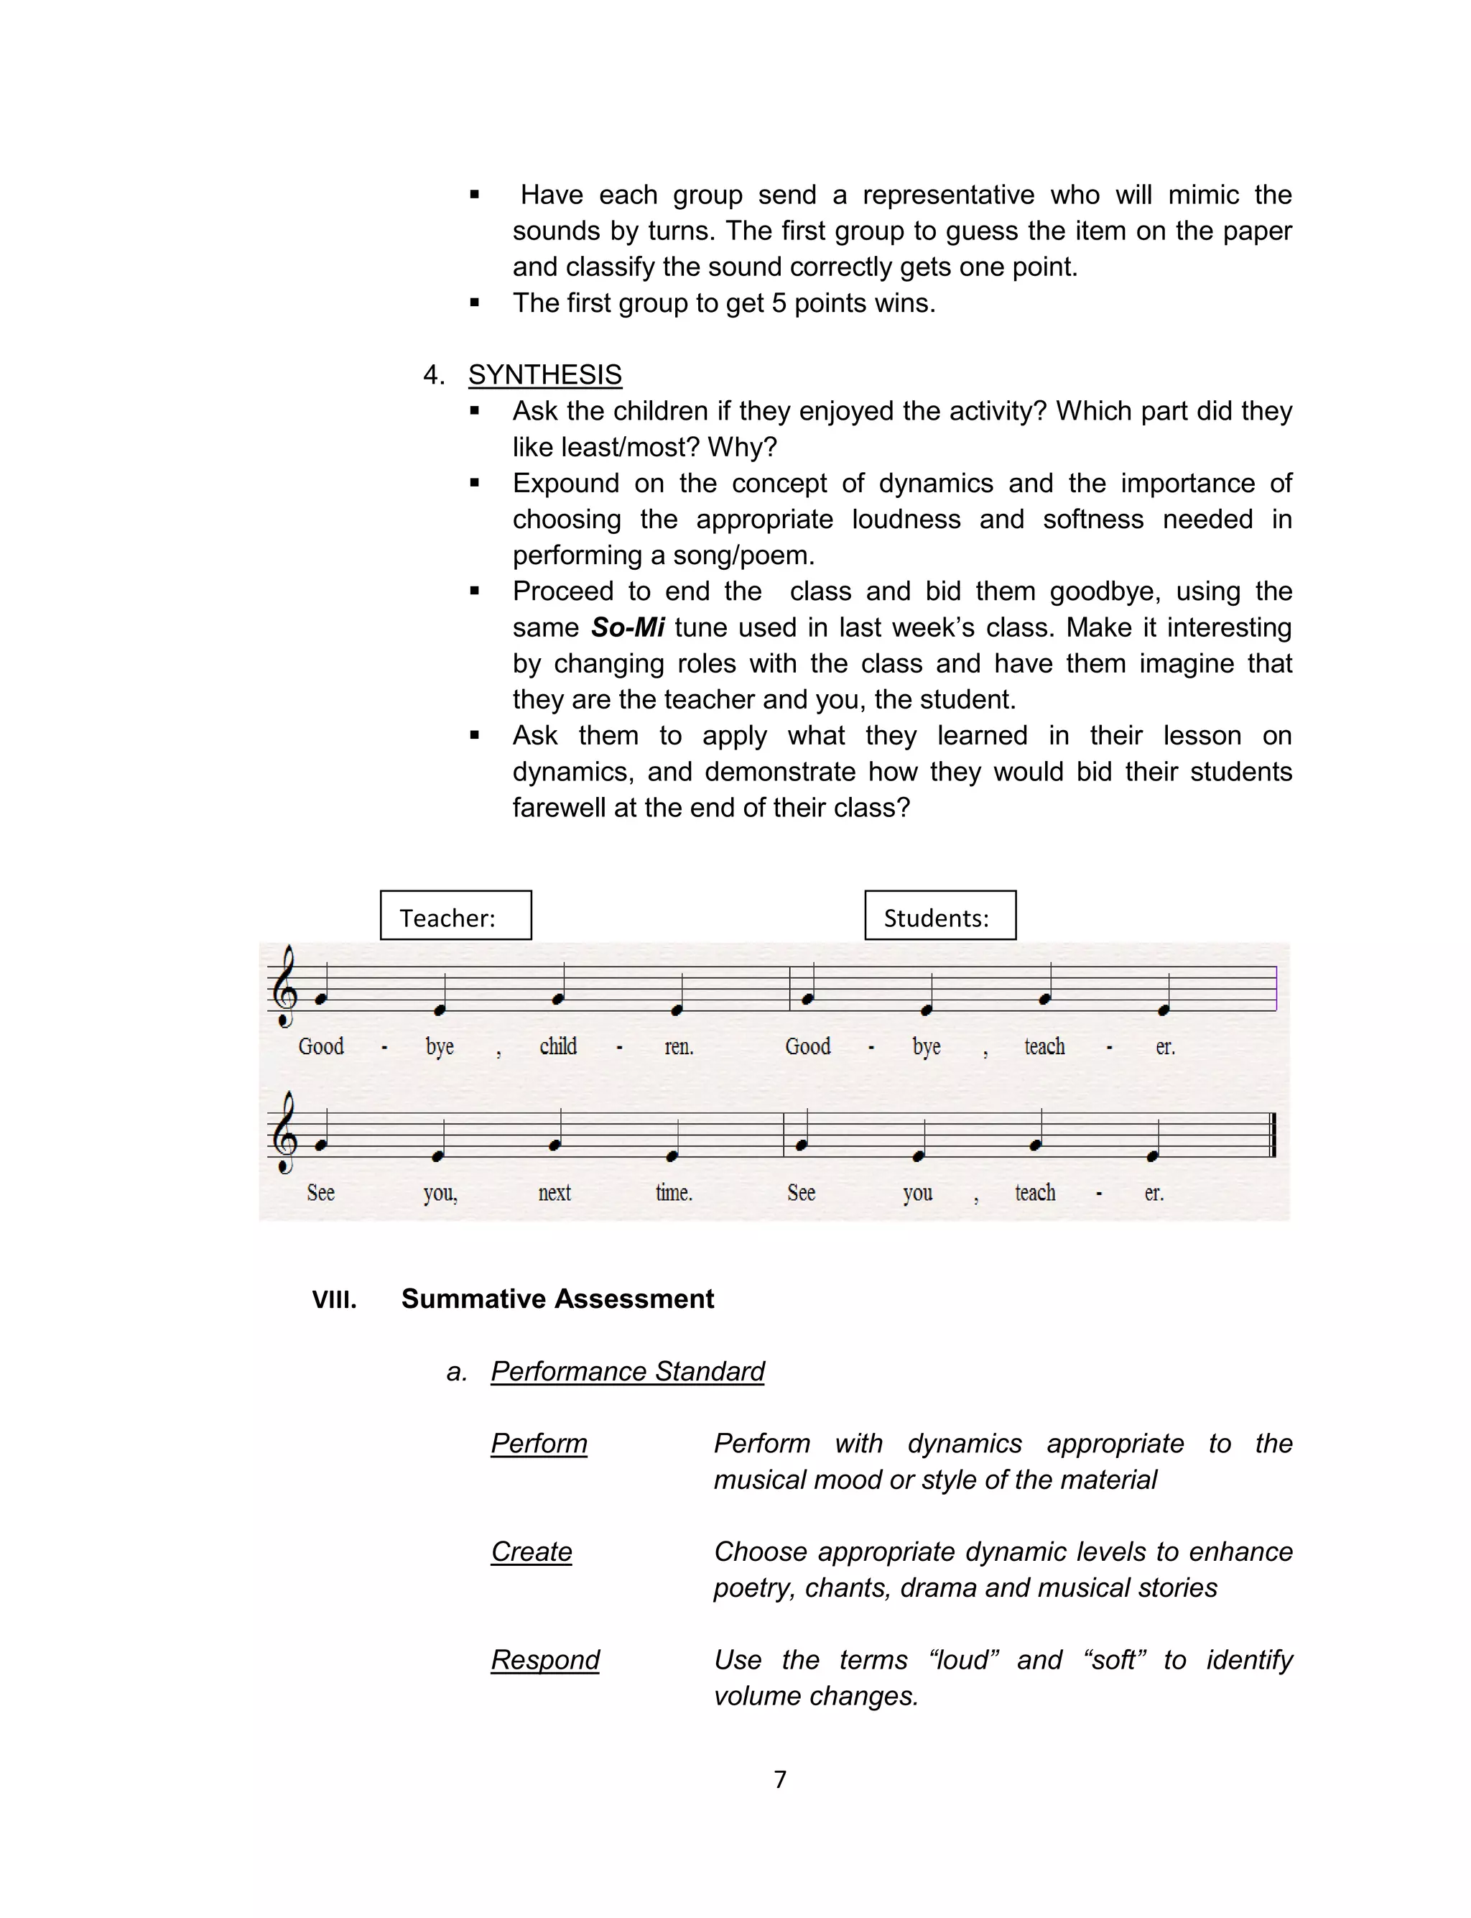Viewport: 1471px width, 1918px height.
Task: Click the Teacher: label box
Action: coord(455,916)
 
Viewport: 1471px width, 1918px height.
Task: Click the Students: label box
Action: coord(939,916)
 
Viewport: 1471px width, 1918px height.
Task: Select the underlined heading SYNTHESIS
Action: coord(544,375)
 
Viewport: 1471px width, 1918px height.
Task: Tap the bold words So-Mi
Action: coord(628,627)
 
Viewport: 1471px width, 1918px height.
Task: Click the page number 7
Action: coord(780,1779)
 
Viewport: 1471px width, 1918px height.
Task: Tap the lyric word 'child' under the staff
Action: coord(558,1046)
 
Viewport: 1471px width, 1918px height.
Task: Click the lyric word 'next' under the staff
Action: coord(554,1192)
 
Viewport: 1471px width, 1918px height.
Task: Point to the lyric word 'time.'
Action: coord(673,1192)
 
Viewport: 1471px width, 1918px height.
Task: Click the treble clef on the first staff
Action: coord(284,986)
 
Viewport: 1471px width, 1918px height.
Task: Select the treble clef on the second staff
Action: coord(284,1133)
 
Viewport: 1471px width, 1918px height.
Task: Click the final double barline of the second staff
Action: coord(1272,1134)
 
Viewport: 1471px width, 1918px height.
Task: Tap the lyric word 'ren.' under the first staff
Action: coord(679,1046)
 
